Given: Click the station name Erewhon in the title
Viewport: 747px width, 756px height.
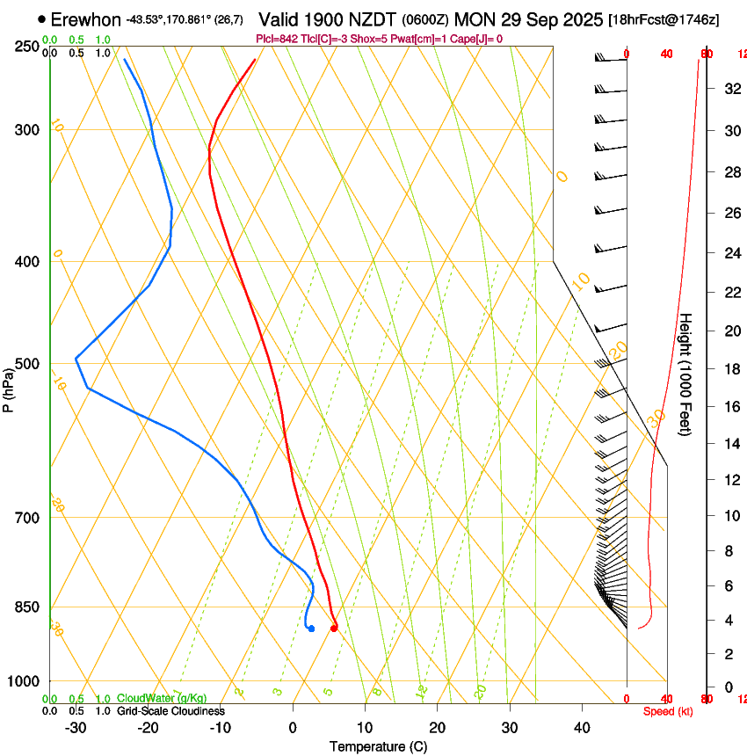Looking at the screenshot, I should click(x=85, y=19).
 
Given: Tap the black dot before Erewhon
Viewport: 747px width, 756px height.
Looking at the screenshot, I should click(x=42, y=19).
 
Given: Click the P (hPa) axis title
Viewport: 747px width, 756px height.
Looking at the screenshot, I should click(x=8, y=388).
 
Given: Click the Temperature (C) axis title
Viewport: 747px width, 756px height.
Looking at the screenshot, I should click(x=378, y=747).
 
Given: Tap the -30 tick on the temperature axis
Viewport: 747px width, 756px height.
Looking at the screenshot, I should click(x=75, y=727).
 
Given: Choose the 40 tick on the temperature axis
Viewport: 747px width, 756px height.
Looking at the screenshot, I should click(x=582, y=727).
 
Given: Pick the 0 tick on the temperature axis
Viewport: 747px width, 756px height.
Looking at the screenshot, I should click(x=293, y=727).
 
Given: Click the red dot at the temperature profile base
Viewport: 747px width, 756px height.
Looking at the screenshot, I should click(x=334, y=628).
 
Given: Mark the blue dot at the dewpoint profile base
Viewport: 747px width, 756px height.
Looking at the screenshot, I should click(x=311, y=628).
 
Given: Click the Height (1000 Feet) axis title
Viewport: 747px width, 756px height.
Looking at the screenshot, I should click(x=686, y=374).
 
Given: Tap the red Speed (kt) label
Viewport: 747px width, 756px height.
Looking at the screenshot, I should click(x=668, y=711).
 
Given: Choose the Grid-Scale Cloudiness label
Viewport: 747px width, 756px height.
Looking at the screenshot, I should click(x=170, y=711).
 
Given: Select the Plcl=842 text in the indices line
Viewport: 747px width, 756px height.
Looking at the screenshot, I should click(x=279, y=39).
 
